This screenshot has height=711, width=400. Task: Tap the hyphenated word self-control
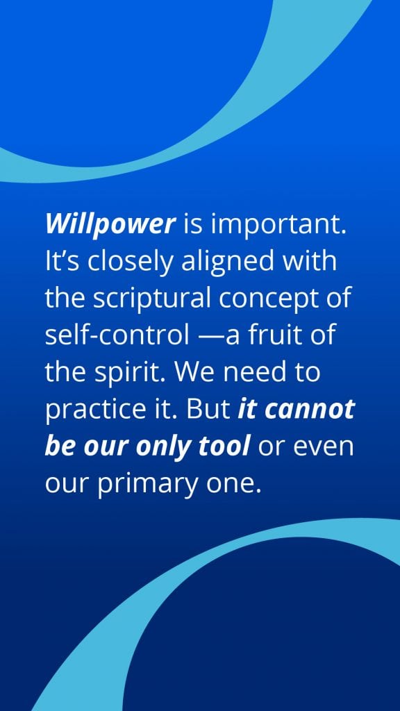(117, 335)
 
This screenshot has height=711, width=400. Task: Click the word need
(256, 373)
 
